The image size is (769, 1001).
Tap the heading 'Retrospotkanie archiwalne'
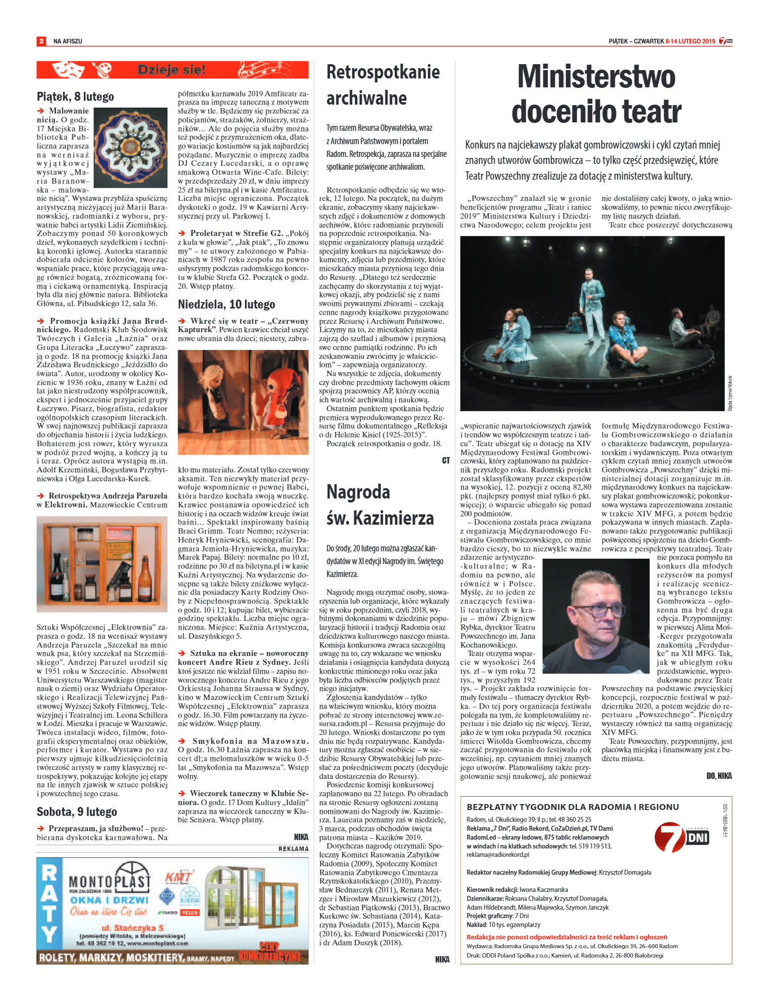tap(383, 85)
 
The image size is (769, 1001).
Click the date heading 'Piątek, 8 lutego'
tap(75, 96)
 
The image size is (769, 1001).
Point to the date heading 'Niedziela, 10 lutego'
tap(226, 304)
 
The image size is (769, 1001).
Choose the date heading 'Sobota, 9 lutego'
tap(77, 812)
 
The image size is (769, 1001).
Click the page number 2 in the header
tap(41, 41)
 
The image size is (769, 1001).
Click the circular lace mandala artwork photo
tap(130, 147)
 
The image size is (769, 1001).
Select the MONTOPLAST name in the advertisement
tap(109, 881)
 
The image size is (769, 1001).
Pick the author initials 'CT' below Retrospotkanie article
tap(445, 460)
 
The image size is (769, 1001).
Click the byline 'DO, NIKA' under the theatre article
tap(718, 776)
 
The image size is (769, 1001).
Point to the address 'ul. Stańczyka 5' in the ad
tap(132, 927)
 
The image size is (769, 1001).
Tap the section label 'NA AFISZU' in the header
tap(68, 41)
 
